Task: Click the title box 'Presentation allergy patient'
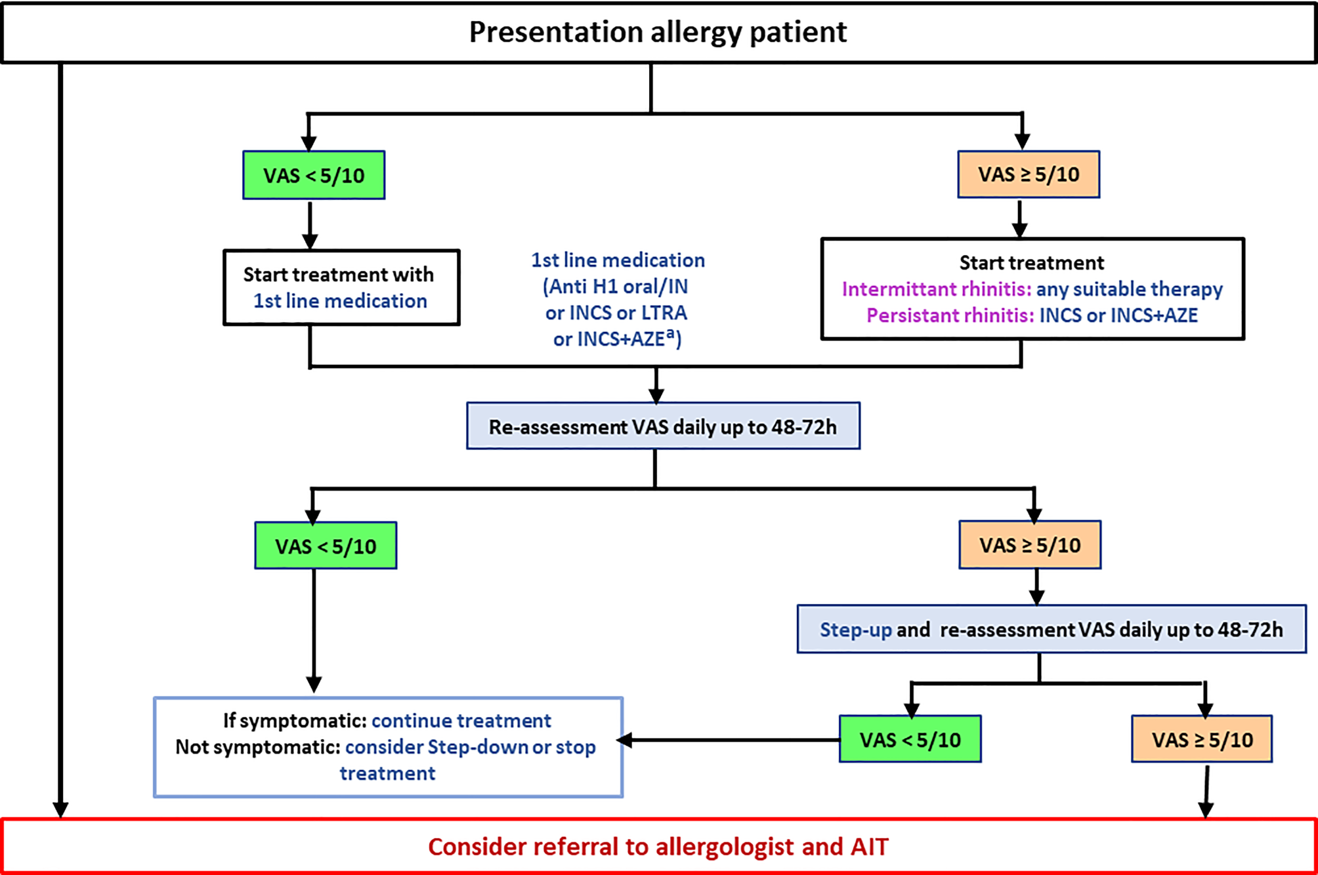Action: click(x=658, y=32)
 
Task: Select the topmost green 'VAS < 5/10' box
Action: click(x=314, y=175)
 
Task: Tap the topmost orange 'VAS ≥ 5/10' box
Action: click(x=1029, y=174)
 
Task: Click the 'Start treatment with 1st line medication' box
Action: click(x=341, y=287)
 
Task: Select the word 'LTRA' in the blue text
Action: click(x=664, y=313)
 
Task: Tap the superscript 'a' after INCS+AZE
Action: click(x=670, y=334)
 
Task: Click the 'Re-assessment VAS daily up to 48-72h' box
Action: click(x=663, y=426)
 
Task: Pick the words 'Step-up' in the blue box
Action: click(x=855, y=630)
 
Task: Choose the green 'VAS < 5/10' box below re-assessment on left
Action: click(x=326, y=546)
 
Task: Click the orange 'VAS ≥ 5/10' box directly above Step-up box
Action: click(x=1030, y=545)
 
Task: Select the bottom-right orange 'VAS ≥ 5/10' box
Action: click(x=1202, y=739)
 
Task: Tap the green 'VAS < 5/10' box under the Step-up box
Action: click(x=910, y=739)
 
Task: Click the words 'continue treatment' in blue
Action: click(x=461, y=721)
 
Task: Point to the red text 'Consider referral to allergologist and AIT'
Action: click(x=658, y=847)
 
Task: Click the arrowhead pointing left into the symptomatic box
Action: click(x=625, y=741)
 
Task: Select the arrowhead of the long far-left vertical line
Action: click(x=60, y=809)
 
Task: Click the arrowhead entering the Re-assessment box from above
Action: click(x=656, y=396)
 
